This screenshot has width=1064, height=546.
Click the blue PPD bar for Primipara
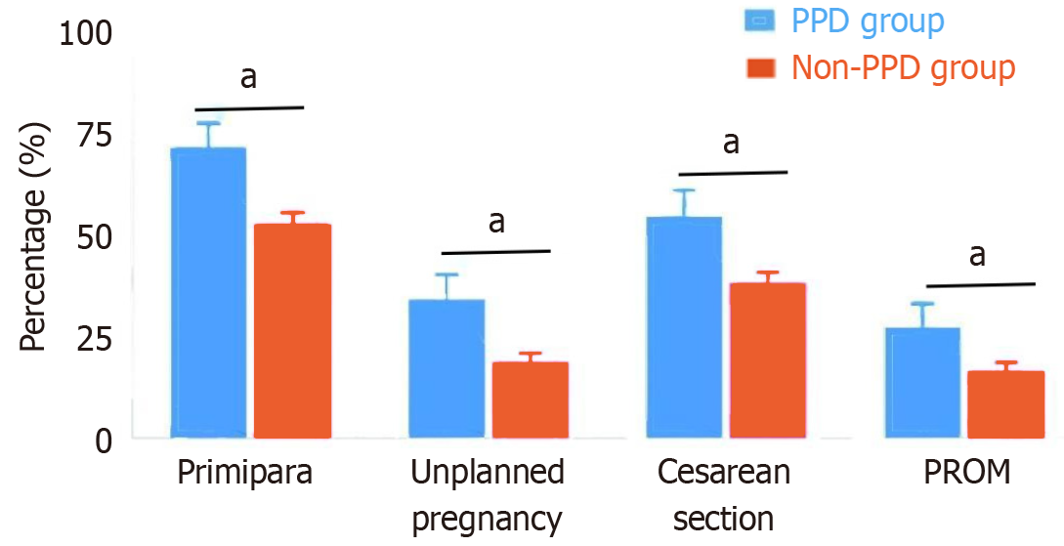[208, 292]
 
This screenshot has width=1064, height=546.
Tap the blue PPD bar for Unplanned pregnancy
[447, 368]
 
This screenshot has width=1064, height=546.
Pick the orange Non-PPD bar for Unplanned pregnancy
[531, 399]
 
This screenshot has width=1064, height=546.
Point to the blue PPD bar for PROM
[923, 382]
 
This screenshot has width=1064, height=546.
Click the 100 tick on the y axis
[87, 35]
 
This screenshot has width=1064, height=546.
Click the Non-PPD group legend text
[903, 67]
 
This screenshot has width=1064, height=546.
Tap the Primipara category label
[245, 474]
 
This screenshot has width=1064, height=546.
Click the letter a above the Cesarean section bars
[731, 144]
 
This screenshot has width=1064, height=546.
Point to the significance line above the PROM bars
[980, 284]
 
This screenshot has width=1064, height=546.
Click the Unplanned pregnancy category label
[488, 495]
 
